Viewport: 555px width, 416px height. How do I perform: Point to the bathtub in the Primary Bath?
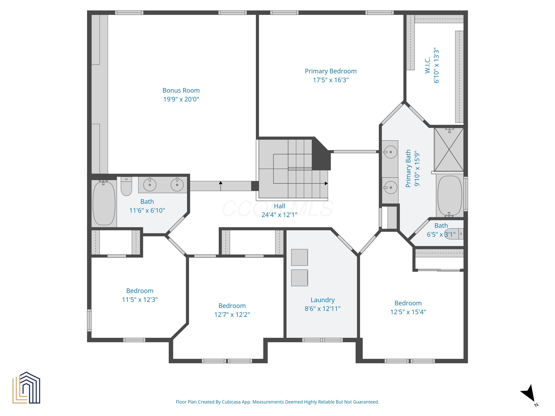pos(449,196)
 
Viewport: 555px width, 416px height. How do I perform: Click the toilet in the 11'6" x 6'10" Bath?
pos(126,187)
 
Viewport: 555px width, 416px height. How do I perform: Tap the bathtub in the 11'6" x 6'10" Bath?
pos(104,203)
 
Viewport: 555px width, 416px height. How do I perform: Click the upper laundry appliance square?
pos(299,257)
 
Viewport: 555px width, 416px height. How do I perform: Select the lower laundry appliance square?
pos(299,278)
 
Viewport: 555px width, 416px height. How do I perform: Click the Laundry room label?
pos(322,300)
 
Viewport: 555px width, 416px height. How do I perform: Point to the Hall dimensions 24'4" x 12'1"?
pos(279,215)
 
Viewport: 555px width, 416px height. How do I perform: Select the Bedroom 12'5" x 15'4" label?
pos(408,303)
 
